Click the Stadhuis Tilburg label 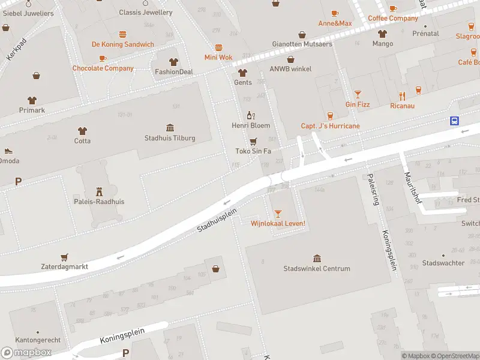(170, 138)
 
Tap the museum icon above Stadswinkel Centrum (317, 257)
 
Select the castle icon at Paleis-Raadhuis (100, 191)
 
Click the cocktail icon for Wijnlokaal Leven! (278, 213)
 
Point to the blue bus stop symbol (455, 121)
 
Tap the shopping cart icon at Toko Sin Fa (253, 141)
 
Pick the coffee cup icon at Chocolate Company (103, 58)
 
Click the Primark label (31, 110)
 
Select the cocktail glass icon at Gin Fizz (358, 94)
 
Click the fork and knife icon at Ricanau (403, 96)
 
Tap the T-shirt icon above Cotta (82, 130)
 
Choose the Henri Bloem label (251, 125)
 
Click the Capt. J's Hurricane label (330, 126)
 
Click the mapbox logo (26, 353)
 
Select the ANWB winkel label (290, 69)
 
